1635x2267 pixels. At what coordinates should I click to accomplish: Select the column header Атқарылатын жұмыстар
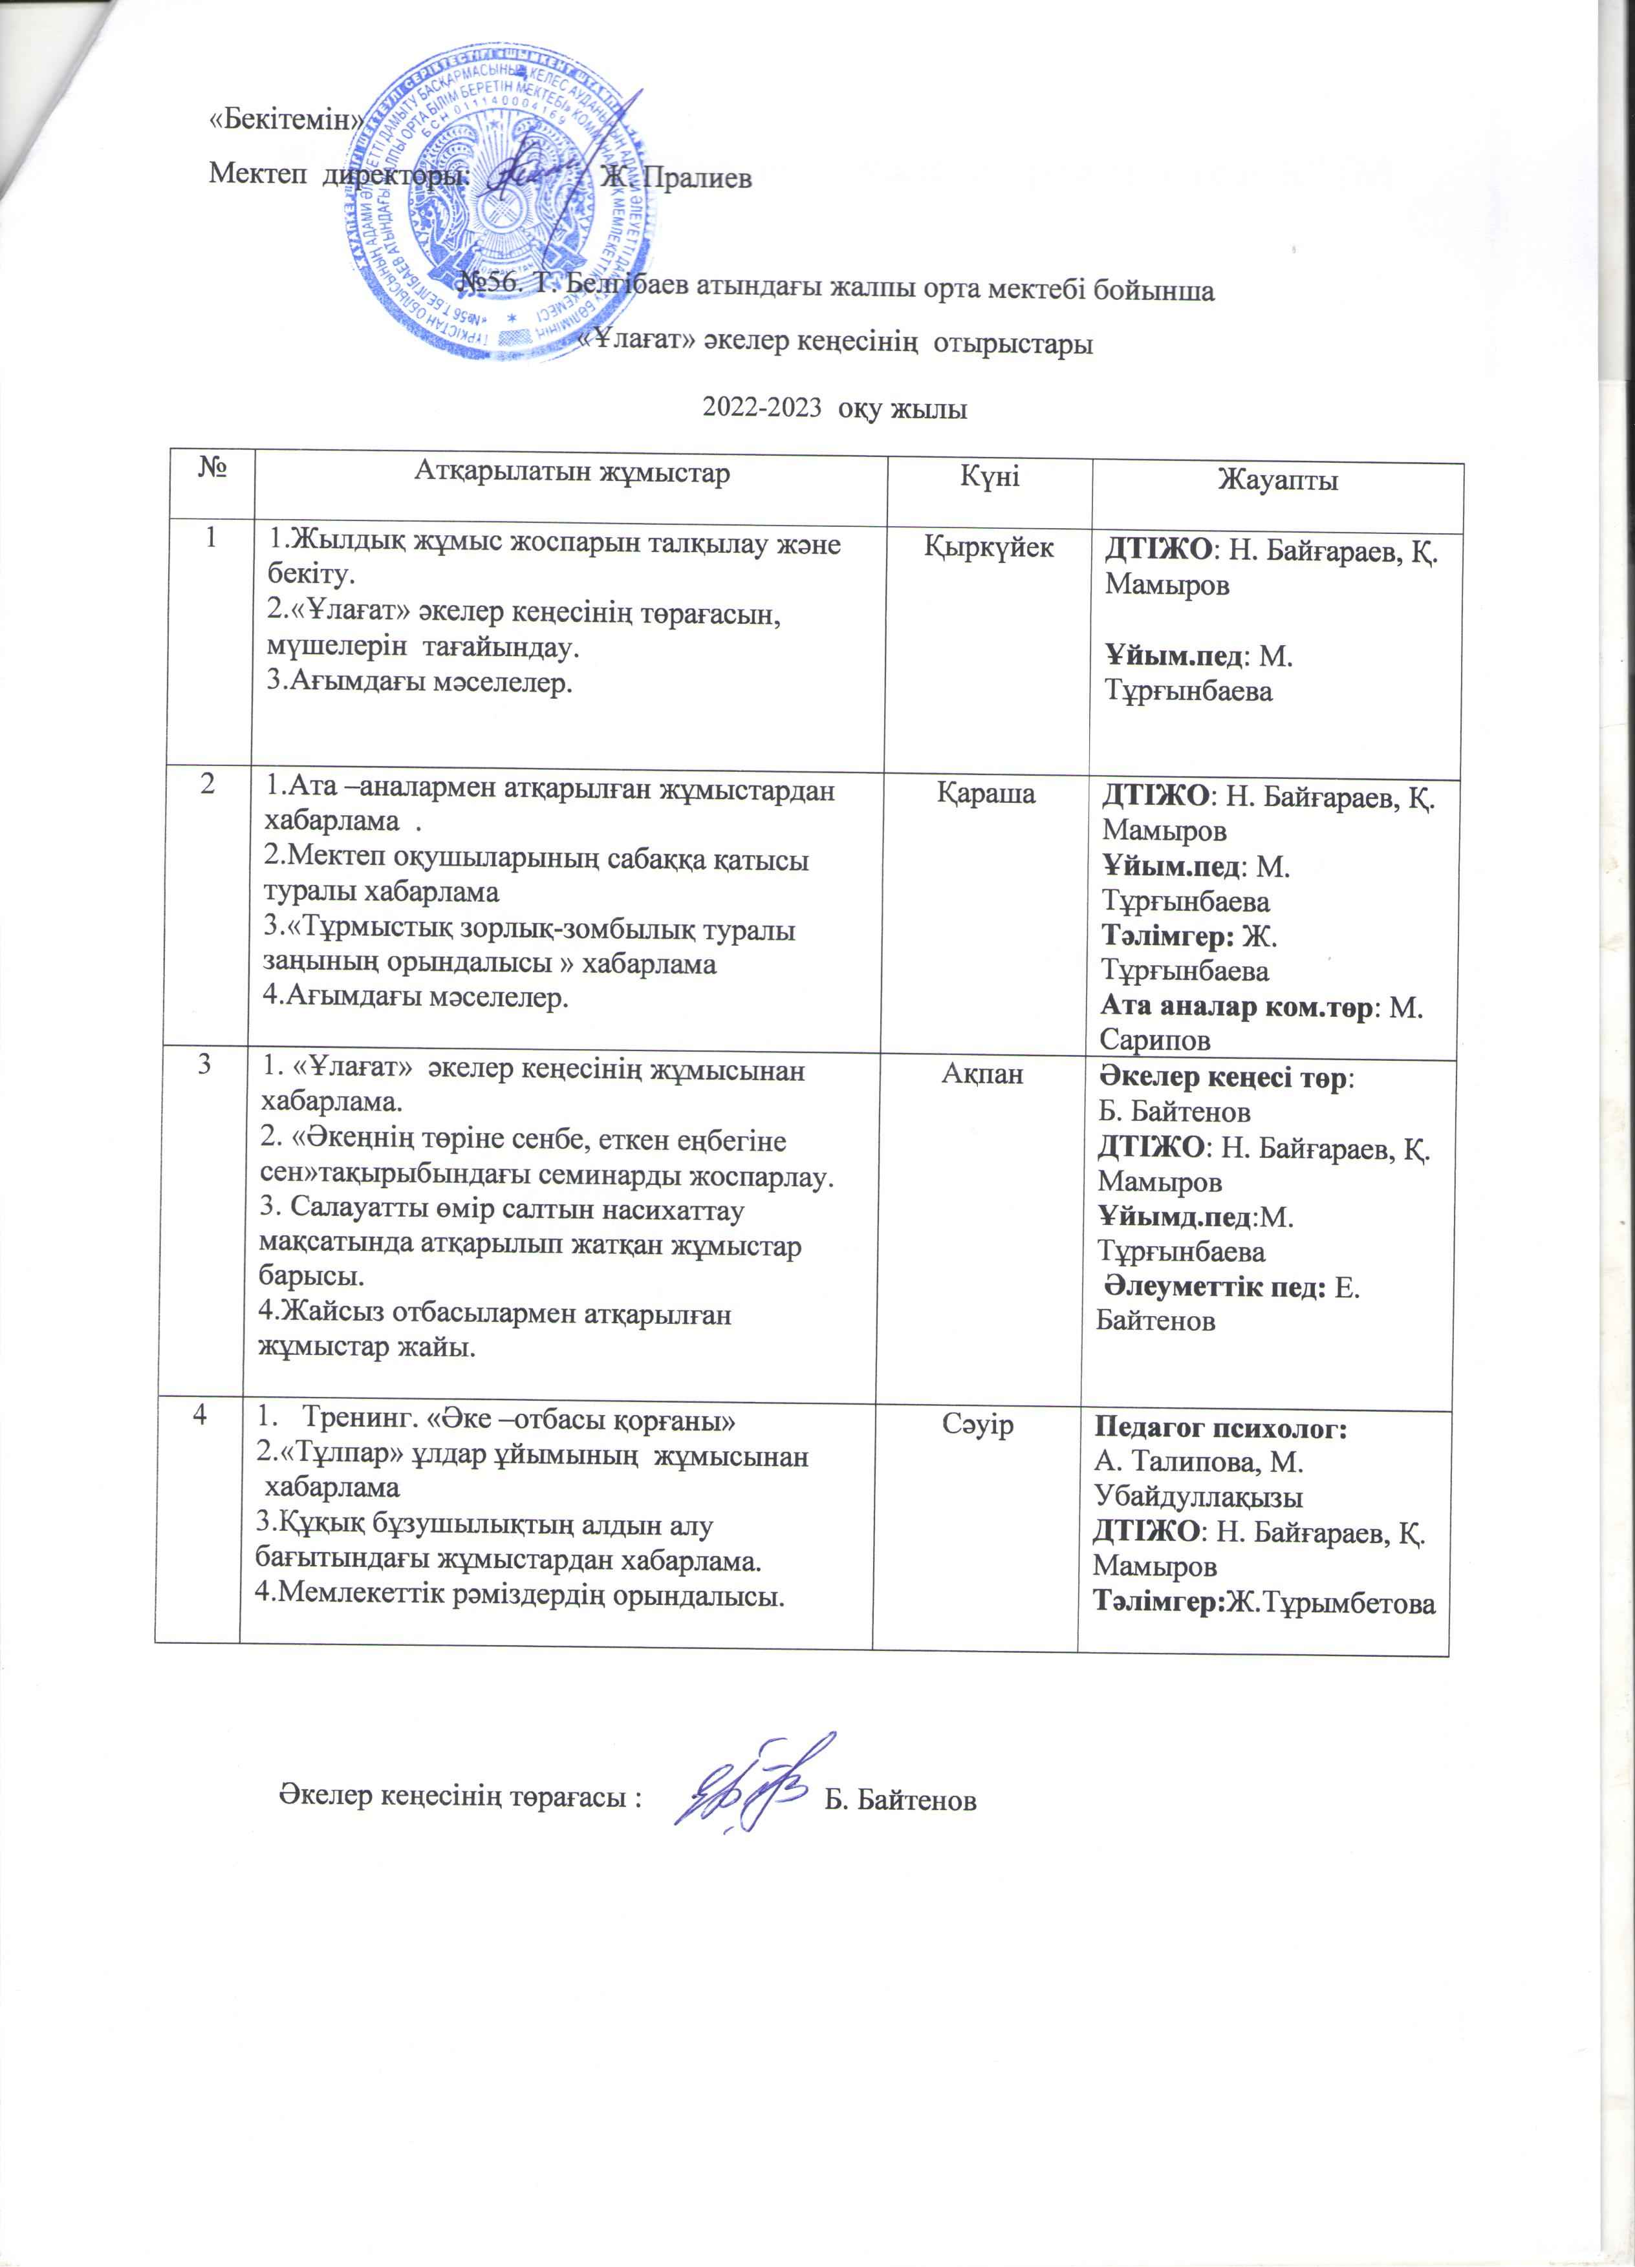[572, 473]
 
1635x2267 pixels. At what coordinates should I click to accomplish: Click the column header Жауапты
[1277, 482]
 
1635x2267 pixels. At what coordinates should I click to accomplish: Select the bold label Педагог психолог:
[1221, 1429]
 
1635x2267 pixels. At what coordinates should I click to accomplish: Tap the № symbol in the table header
[211, 467]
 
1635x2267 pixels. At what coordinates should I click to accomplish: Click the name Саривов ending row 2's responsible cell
[1154, 1039]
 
